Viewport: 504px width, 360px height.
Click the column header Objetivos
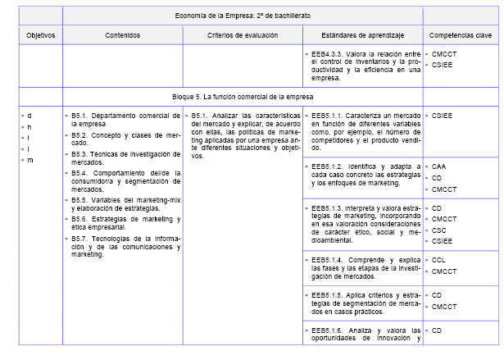[x=35, y=36]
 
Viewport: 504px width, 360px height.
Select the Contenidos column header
[x=123, y=36]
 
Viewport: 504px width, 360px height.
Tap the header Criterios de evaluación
[x=243, y=36]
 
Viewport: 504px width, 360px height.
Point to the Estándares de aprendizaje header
[x=362, y=36]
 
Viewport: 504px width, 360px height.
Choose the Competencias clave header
[x=460, y=36]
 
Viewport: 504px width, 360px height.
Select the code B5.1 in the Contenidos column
[x=80, y=116]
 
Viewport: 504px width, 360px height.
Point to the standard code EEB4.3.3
[x=327, y=53]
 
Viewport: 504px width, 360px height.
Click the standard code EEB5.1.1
[x=327, y=116]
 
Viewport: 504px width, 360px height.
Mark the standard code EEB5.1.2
[x=327, y=166]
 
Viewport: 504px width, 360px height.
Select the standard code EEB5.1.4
[x=327, y=260]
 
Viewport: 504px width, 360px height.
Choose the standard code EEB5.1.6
[x=327, y=330]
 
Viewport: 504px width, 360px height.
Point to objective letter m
[x=30, y=160]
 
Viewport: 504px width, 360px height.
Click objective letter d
[x=30, y=116]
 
